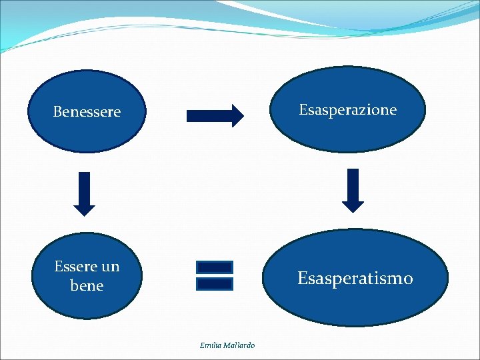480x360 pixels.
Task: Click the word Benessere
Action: [87, 112]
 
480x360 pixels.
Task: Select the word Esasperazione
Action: [347, 110]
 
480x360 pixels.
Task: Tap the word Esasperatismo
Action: [355, 278]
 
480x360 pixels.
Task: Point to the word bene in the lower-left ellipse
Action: [87, 286]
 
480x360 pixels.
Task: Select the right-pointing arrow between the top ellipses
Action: [215, 116]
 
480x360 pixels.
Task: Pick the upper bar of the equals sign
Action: [215, 267]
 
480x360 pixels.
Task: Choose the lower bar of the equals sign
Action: [215, 283]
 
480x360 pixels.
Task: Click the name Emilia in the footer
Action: [211, 345]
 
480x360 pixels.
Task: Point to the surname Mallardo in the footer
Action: [239, 345]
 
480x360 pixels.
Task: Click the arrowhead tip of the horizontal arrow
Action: [243, 116]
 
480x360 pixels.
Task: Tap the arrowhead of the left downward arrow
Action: [85, 208]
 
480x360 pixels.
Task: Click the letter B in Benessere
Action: [57, 112]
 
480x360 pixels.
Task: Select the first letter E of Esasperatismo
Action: [302, 278]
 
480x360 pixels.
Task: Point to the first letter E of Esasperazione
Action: [303, 110]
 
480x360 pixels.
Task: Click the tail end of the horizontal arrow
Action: [189, 116]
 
